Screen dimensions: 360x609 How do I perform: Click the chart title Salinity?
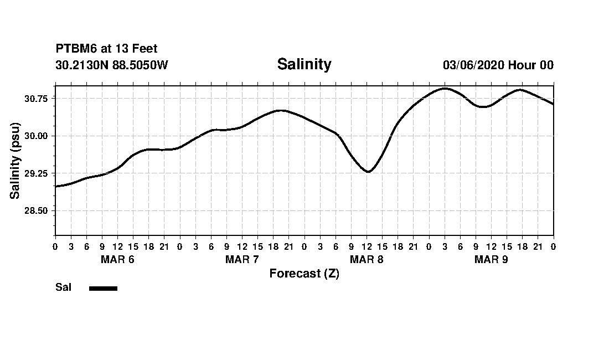(304, 64)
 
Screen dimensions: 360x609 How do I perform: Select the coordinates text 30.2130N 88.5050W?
(112, 65)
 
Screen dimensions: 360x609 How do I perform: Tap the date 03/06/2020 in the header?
(473, 65)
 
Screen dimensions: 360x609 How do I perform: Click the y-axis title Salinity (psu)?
(15, 160)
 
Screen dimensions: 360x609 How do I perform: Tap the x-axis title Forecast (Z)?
(304, 274)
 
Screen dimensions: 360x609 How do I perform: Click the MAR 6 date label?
(117, 260)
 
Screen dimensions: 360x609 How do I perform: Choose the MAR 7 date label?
(242, 260)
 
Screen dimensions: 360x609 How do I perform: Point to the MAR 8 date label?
(367, 260)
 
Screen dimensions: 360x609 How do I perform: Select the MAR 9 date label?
(491, 260)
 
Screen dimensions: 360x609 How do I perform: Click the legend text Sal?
(64, 287)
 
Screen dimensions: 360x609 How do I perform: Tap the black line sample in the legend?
(103, 288)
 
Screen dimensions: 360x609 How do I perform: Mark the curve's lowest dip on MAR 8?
(368, 172)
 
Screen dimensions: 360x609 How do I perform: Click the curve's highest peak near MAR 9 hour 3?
(445, 88)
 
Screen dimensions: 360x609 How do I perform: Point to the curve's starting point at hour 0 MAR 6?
(55, 187)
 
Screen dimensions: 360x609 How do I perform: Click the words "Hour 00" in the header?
(531, 65)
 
